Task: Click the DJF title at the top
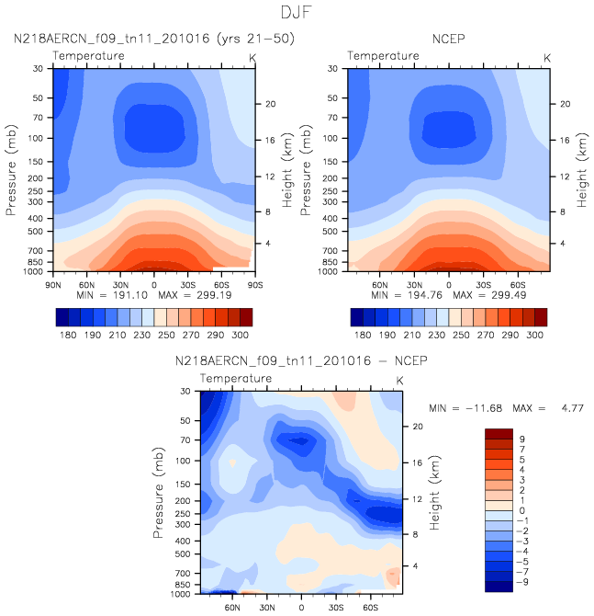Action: tap(297, 12)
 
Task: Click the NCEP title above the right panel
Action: tap(448, 39)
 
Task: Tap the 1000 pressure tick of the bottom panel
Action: tap(186, 595)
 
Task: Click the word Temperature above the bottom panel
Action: tap(236, 378)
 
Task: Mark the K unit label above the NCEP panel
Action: tap(547, 57)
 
